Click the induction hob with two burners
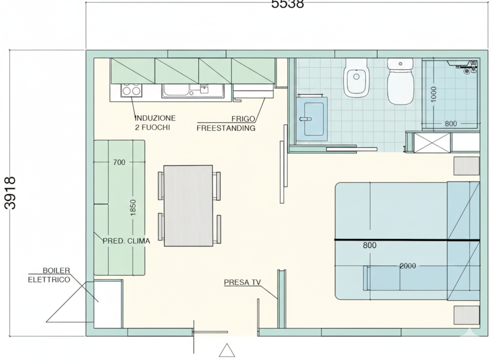[x=131, y=90]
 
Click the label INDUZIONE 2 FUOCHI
[x=155, y=123]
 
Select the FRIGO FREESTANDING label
[x=226, y=123]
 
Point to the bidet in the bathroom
[x=356, y=78]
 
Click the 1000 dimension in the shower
[x=434, y=94]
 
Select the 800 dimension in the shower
[x=451, y=124]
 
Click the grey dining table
[x=188, y=205]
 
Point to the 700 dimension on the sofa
[x=119, y=162]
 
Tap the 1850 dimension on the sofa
[x=133, y=208]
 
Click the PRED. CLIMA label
[x=127, y=241]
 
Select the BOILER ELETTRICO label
[x=49, y=275]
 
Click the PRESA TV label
[x=243, y=282]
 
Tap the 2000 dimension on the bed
[x=408, y=266]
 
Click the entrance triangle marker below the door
[x=227, y=350]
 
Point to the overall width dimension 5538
[x=287, y=4]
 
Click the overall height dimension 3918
[x=10, y=193]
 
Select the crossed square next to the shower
[x=433, y=143]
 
